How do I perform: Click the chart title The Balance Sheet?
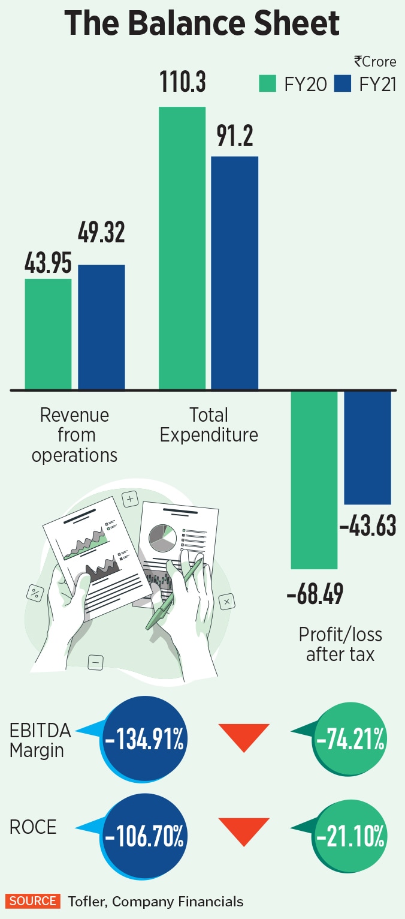pos(202,25)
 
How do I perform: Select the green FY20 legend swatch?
pos(267,83)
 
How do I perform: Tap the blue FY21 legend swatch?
pos(342,83)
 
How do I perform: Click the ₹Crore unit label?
pos(375,62)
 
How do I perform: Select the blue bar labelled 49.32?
pos(101,327)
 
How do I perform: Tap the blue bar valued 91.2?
pos(235,273)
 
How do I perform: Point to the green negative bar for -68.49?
pos(315,480)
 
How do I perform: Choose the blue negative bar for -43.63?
pos(367,448)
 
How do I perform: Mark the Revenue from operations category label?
pos(74,435)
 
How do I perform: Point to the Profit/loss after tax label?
pos(340,644)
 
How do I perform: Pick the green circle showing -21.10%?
pos(350,837)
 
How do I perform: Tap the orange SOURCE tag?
pos(33,901)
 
